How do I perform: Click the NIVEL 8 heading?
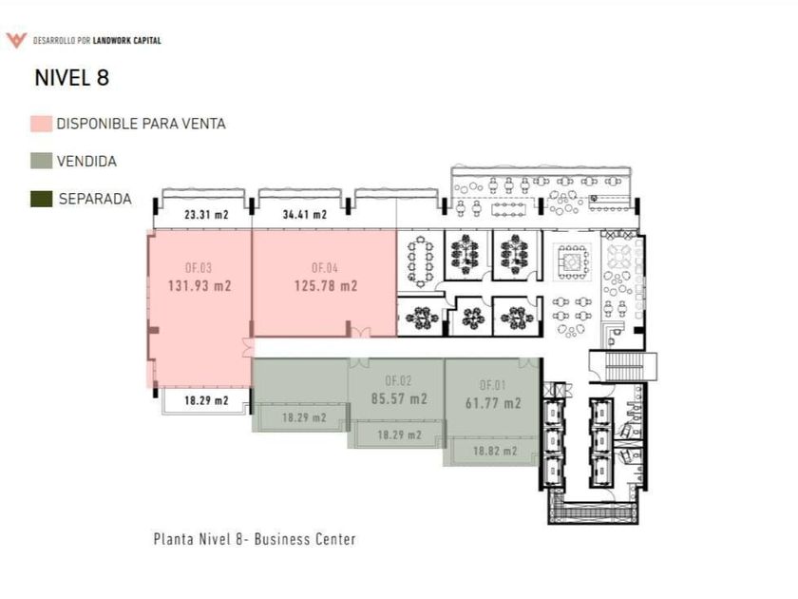pyautogui.click(x=71, y=78)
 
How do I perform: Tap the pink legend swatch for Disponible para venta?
pyautogui.click(x=41, y=124)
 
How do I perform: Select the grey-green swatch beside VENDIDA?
pyautogui.click(x=41, y=162)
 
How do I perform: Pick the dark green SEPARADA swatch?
pyautogui.click(x=41, y=200)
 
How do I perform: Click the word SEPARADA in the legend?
pyautogui.click(x=95, y=200)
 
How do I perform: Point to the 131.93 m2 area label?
pyautogui.click(x=200, y=285)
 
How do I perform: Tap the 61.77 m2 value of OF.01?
pyautogui.click(x=493, y=403)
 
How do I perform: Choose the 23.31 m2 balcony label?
pyautogui.click(x=206, y=215)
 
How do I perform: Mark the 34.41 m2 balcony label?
pyautogui.click(x=304, y=215)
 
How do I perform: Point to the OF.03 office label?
pyautogui.click(x=199, y=267)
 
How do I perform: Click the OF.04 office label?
pyautogui.click(x=325, y=267)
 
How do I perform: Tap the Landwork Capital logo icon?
pyautogui.click(x=16, y=40)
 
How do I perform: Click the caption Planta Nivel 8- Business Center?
pyautogui.click(x=255, y=539)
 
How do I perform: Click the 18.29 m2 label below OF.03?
pyautogui.click(x=206, y=400)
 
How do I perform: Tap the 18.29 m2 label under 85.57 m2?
pyautogui.click(x=398, y=435)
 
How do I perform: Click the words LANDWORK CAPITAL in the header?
pyautogui.click(x=126, y=40)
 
